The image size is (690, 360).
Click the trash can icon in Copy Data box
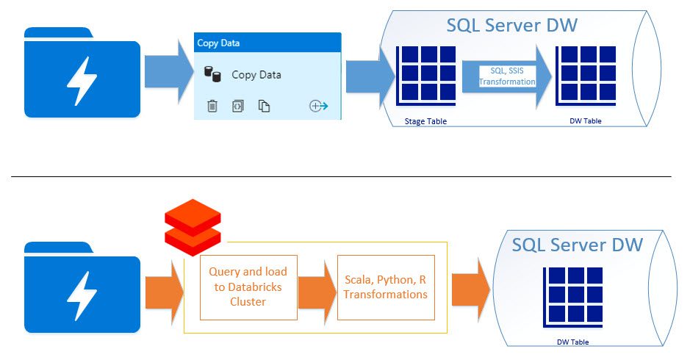(212, 106)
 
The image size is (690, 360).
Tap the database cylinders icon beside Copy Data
(212, 74)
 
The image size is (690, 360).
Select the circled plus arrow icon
(319, 106)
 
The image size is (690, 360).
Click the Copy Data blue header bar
(267, 43)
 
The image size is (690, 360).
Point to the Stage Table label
(425, 121)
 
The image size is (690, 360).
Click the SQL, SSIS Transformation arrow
(507, 76)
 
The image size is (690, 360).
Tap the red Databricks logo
(193, 227)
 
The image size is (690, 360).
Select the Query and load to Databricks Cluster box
(248, 287)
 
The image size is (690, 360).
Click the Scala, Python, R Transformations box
(386, 287)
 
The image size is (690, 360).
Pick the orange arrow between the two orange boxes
(317, 292)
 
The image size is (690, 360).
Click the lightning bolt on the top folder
(82, 81)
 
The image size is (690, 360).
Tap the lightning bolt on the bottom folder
(82, 296)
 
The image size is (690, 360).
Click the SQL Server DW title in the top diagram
(511, 25)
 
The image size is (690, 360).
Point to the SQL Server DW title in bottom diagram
(577, 245)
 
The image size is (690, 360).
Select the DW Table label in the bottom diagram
(572, 342)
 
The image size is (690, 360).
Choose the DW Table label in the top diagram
(585, 120)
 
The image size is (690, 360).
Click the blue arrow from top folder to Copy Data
(169, 72)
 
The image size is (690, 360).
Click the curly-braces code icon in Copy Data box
(237, 106)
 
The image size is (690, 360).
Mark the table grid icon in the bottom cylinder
(573, 297)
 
